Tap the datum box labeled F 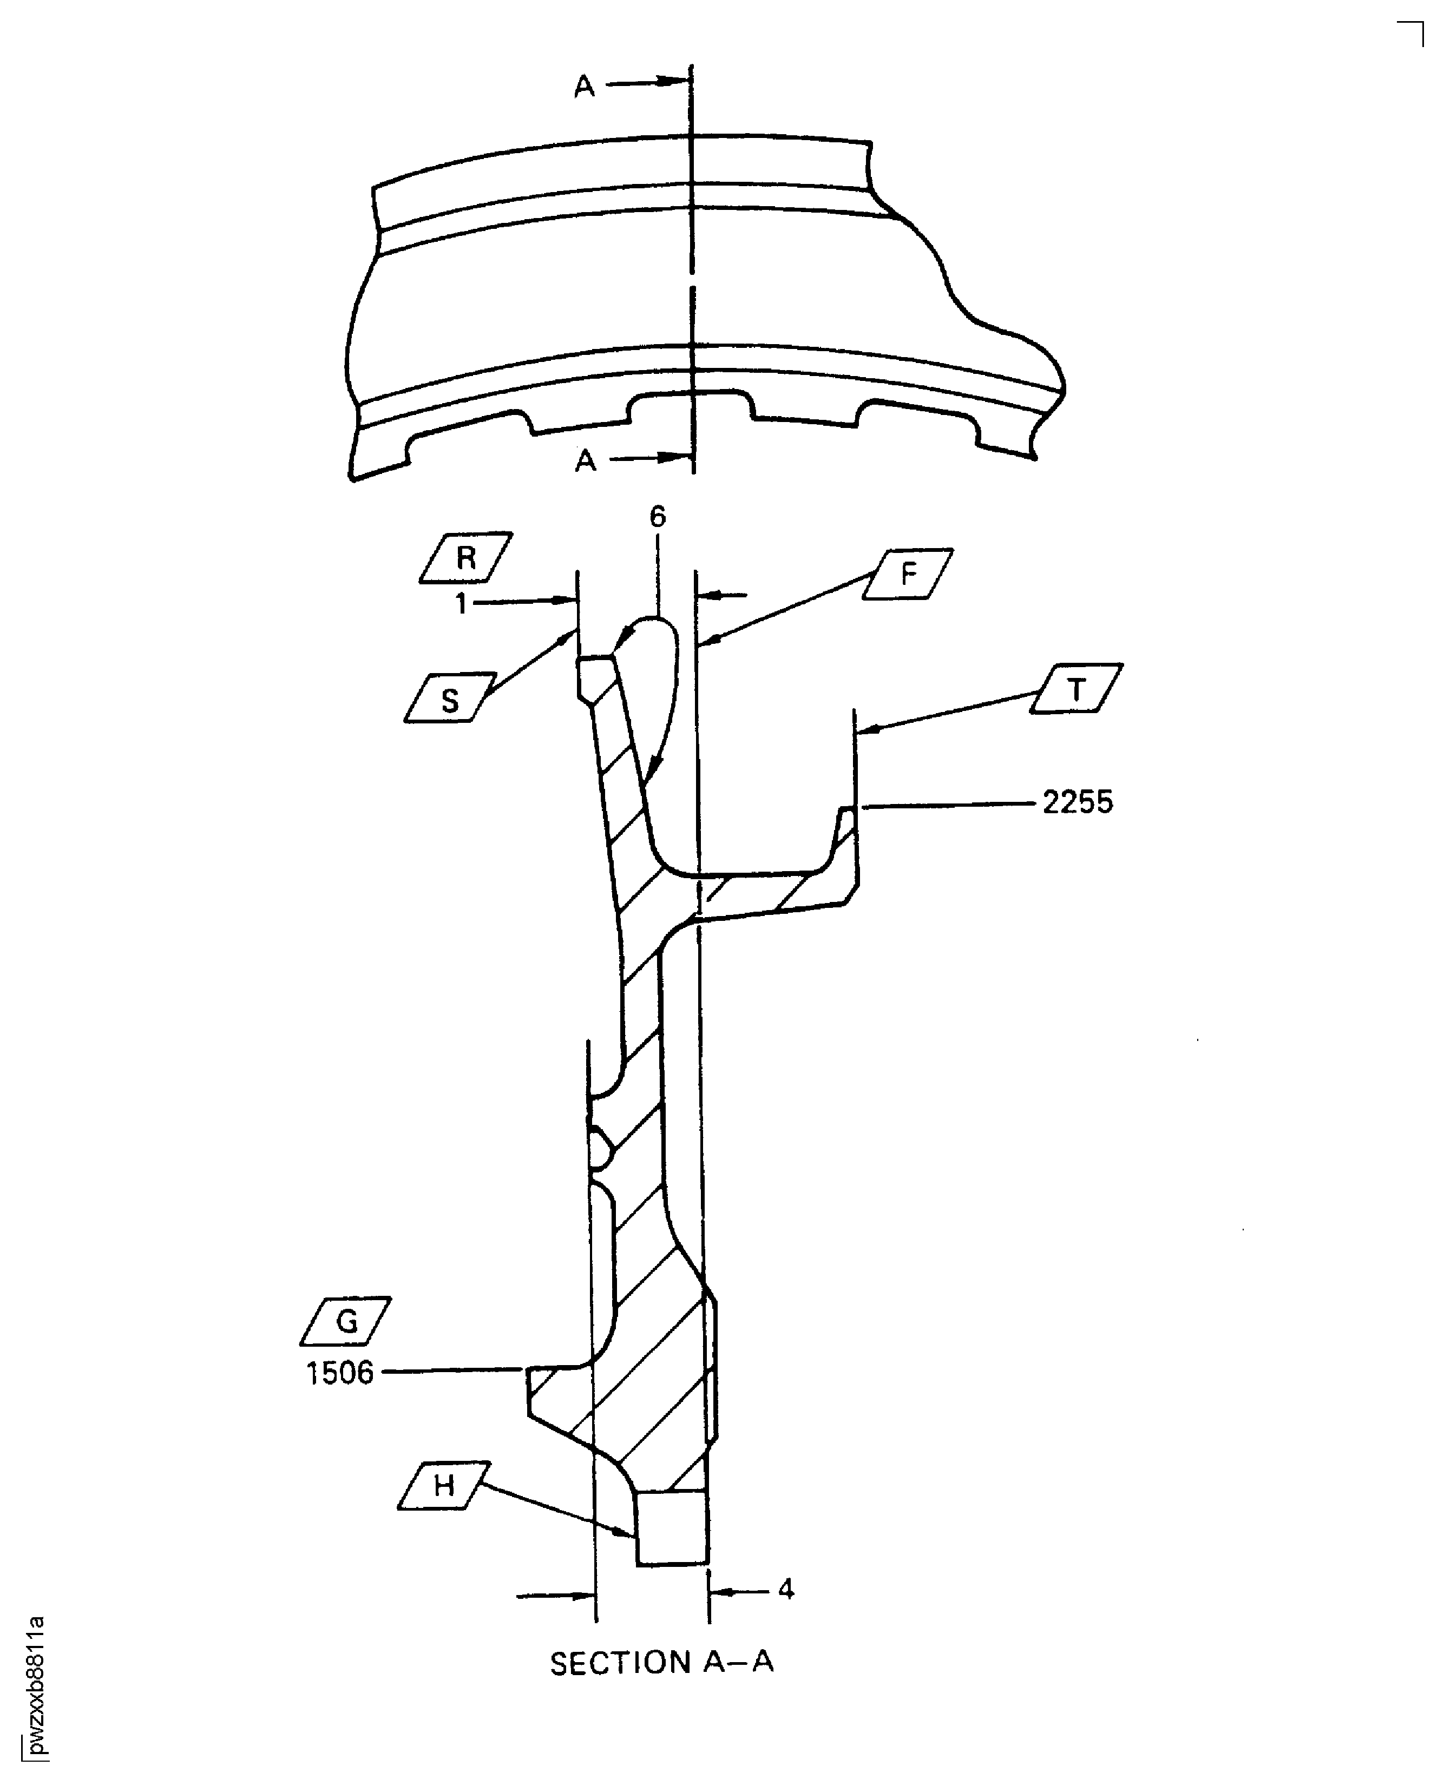[908, 573]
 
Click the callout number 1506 [339, 1373]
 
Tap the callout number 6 [657, 517]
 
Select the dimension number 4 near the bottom [785, 1590]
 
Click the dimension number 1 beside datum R [462, 603]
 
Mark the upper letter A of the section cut [585, 85]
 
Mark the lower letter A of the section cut [586, 460]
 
